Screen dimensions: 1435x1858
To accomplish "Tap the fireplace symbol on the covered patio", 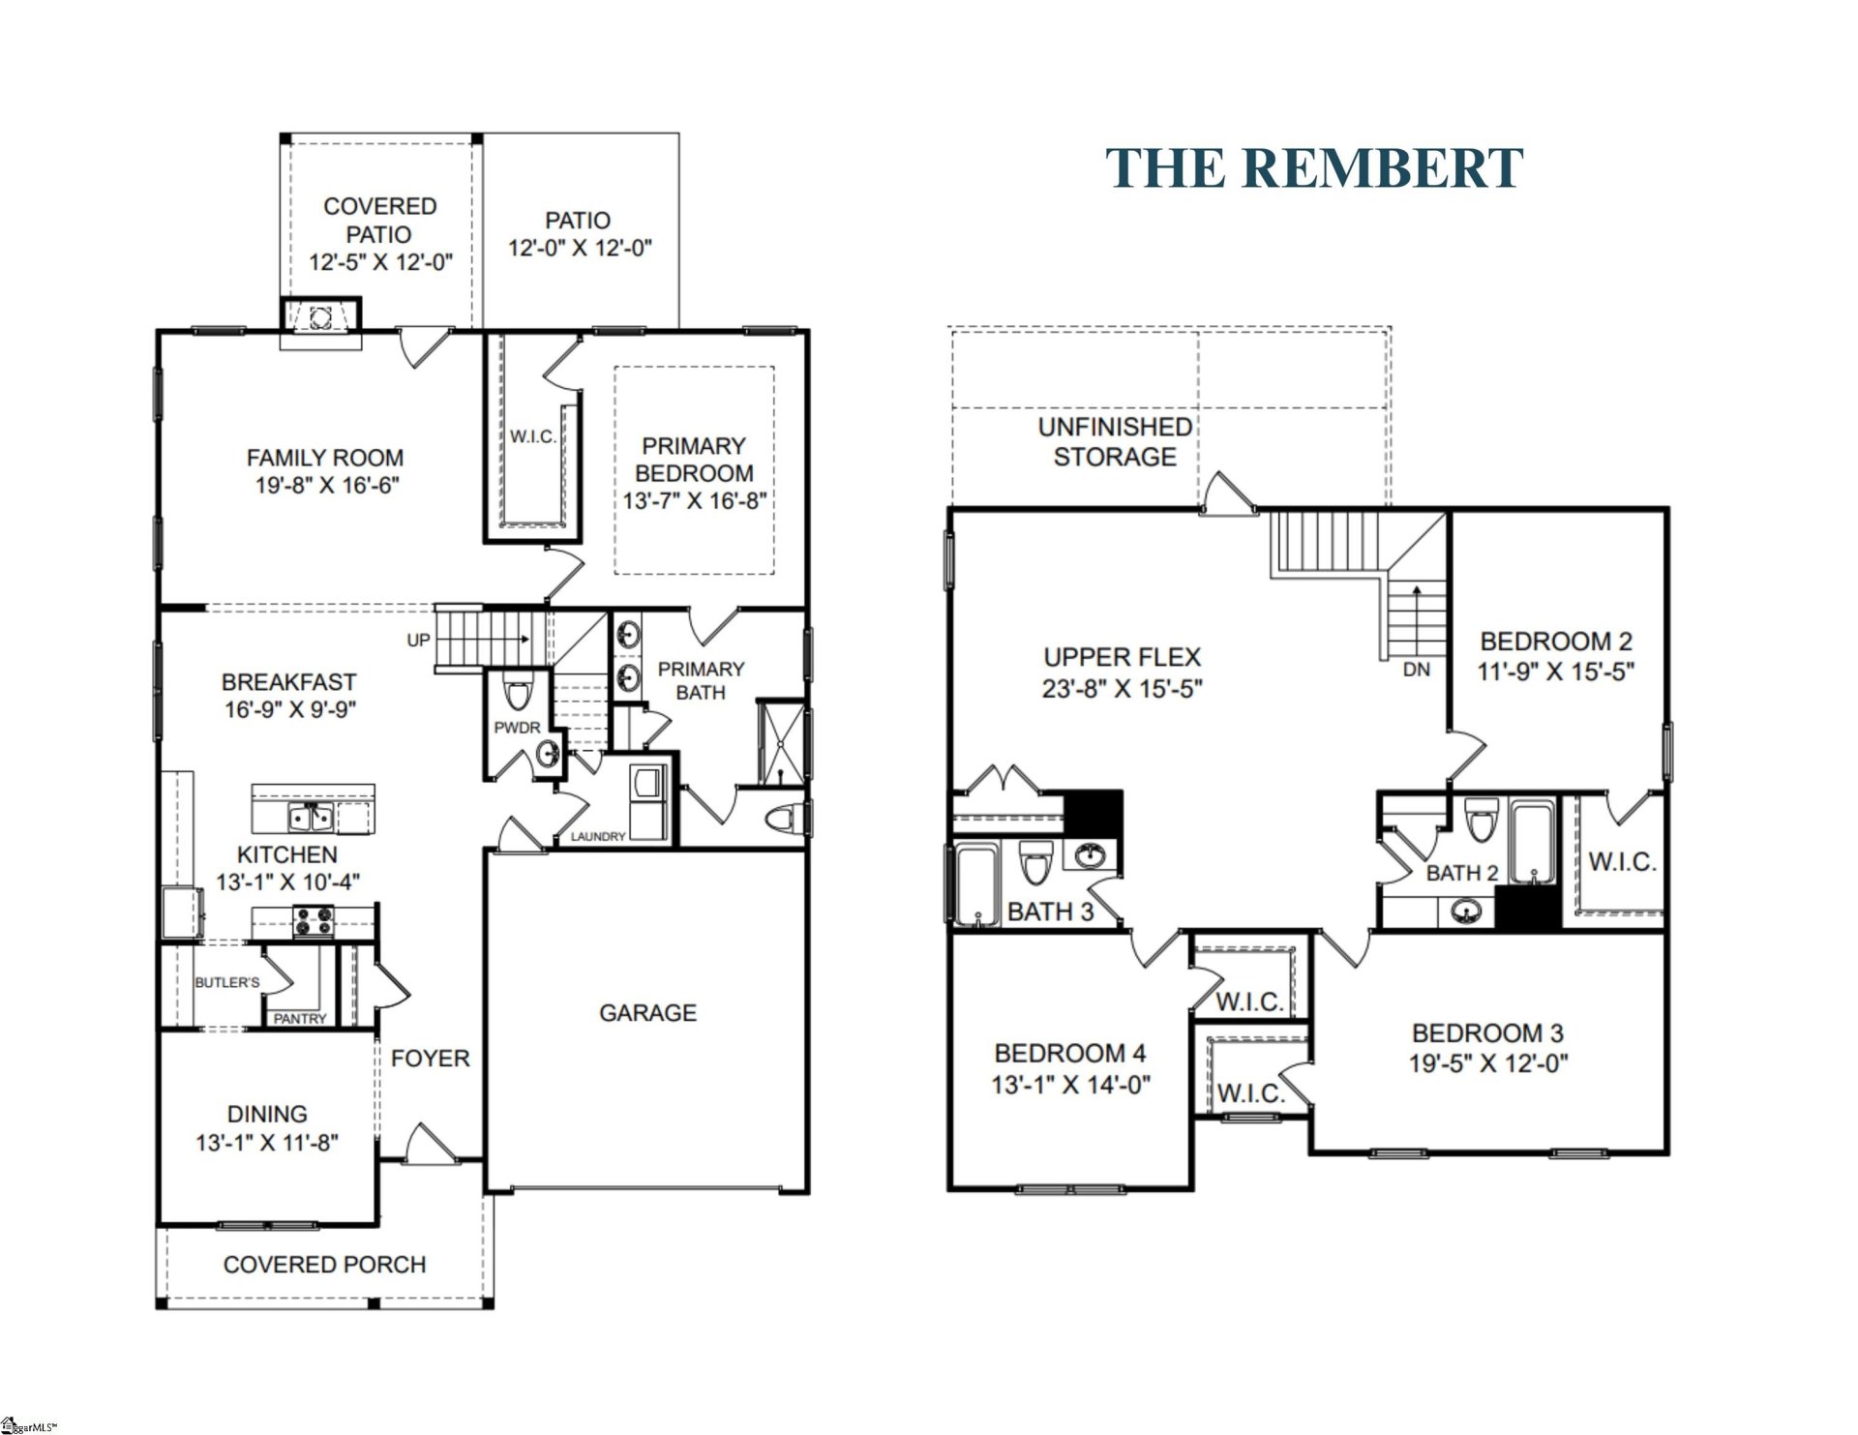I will [x=321, y=315].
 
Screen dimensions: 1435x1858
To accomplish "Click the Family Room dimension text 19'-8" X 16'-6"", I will [x=326, y=486].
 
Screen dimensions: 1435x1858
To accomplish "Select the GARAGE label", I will [x=647, y=1013].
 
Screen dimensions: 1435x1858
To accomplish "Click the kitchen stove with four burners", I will [x=313, y=920].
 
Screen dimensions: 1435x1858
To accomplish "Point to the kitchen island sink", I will [x=311, y=818].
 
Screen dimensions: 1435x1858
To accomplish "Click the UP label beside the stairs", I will [x=418, y=640].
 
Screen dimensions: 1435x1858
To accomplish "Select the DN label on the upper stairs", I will [x=1416, y=670].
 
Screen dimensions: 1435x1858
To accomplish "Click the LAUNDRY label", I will [x=597, y=836].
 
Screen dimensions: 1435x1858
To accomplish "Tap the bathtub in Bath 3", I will [x=976, y=882].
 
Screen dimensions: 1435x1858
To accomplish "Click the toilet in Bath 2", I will [x=1480, y=822].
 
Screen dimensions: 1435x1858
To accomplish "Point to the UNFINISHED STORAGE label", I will [x=1115, y=441].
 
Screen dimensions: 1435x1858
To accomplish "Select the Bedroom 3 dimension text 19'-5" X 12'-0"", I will [x=1487, y=1063].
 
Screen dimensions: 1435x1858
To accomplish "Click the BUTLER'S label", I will [x=227, y=982].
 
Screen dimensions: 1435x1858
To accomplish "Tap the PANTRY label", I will [x=299, y=1018].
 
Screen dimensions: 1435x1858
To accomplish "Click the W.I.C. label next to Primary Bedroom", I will [x=533, y=437].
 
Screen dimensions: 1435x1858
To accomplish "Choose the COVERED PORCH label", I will [x=324, y=1265].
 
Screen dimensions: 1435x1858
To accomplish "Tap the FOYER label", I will [x=430, y=1059].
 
